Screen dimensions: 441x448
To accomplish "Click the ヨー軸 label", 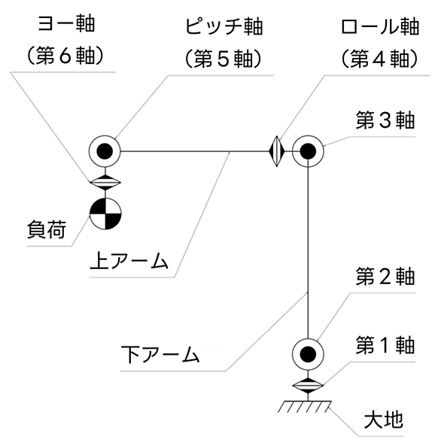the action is (x=66, y=24).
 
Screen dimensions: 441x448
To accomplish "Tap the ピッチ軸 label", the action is (x=224, y=27).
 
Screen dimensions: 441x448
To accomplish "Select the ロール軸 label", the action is (x=380, y=27).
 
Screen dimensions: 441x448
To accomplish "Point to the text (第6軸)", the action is (x=65, y=55).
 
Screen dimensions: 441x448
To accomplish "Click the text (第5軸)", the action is (x=224, y=59).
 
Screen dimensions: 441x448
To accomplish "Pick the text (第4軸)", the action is (x=380, y=59).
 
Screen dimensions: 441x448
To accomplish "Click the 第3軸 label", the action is (x=385, y=120).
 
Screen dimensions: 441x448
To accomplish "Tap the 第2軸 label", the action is (x=385, y=277).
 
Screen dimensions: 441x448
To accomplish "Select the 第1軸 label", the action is (x=385, y=345).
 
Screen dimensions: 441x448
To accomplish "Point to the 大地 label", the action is (x=383, y=419).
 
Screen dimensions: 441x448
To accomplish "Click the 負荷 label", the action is (x=47, y=229).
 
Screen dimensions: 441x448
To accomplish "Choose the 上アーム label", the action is (x=129, y=261).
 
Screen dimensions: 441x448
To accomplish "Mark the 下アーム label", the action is (x=160, y=354).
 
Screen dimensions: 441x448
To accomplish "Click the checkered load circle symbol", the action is (x=105, y=213).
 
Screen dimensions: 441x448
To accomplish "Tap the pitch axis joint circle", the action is (x=105, y=151).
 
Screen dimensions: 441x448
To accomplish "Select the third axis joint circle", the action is (x=308, y=151).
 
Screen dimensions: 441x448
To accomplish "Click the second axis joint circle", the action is (x=308, y=354).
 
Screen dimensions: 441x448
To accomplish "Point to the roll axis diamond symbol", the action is (x=277, y=151).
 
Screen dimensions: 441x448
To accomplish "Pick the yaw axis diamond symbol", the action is (x=105, y=183).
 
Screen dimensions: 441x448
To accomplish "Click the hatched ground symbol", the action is (x=305, y=407).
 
